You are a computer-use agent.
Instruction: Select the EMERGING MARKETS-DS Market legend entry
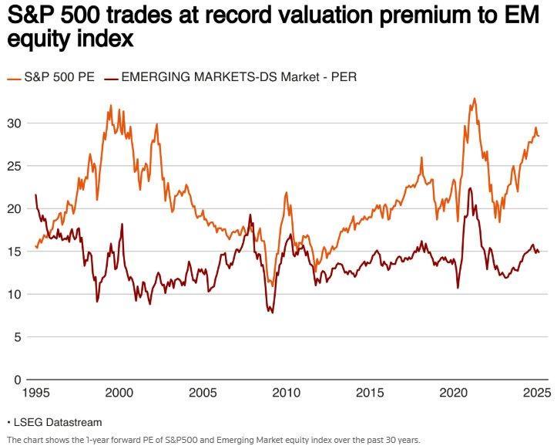pos(231,76)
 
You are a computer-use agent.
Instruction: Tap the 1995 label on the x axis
pos(35,393)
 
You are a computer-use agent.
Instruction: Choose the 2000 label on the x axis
pos(119,393)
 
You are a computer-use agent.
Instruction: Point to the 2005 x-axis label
pos(202,393)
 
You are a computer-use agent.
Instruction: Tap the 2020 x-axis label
pos(452,393)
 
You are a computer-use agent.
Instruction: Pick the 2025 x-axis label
pos(535,393)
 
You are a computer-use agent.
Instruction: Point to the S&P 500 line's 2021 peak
pos(474,99)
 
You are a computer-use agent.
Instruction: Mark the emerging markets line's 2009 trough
pos(271,312)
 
